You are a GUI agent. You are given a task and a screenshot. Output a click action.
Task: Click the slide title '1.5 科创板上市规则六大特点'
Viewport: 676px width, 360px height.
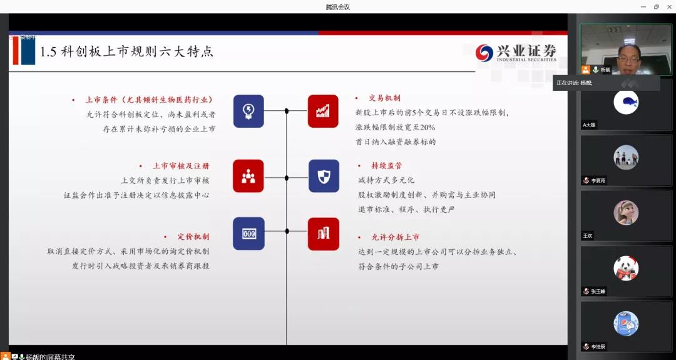click(x=126, y=52)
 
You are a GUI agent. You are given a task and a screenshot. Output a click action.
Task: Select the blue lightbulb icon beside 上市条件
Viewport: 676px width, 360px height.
click(x=248, y=111)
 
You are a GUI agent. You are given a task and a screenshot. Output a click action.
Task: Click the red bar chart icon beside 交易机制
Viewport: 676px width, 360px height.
click(x=323, y=111)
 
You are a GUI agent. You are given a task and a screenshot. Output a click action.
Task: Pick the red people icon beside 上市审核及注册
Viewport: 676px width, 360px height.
click(x=248, y=176)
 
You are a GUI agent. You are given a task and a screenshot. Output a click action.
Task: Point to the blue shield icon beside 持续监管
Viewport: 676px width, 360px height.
click(x=324, y=176)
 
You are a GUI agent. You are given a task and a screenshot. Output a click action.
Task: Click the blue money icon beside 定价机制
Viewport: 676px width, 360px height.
click(x=248, y=234)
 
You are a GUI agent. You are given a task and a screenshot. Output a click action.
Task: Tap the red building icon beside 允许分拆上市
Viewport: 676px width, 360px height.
click(x=323, y=234)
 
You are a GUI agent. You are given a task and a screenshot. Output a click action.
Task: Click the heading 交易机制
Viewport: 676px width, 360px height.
click(x=384, y=98)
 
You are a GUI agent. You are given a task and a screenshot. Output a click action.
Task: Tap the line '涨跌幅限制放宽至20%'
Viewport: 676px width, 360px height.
click(x=395, y=127)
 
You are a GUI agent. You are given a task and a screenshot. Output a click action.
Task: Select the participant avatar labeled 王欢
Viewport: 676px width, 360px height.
click(x=626, y=212)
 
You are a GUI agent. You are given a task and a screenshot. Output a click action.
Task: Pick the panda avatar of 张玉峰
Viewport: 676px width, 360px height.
click(x=626, y=268)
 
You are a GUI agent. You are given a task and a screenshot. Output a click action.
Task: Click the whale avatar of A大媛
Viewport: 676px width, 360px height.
click(x=626, y=102)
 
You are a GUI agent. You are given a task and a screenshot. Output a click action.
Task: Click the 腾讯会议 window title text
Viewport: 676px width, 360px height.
click(x=337, y=7)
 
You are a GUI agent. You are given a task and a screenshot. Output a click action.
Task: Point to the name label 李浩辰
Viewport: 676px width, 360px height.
click(x=598, y=346)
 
